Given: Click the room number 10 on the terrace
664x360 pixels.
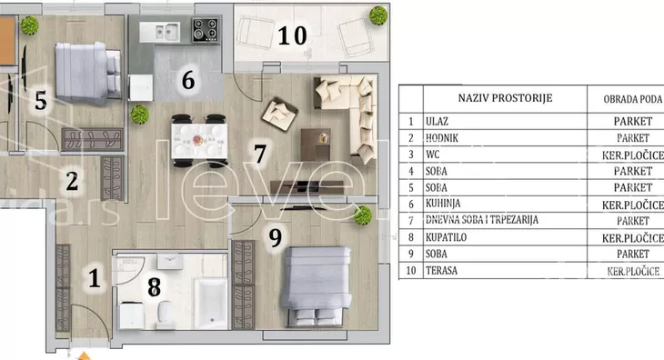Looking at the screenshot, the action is coord(292,35).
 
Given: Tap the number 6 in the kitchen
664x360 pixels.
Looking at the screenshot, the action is coord(188,80).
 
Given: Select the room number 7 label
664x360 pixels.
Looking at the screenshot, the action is coord(259,154).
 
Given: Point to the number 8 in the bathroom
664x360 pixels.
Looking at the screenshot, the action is coord(154,286).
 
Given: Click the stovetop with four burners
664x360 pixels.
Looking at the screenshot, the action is coord(206,30).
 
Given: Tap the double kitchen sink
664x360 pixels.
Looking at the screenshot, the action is coord(160,32).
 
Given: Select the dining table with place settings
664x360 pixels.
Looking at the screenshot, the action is coord(199,140).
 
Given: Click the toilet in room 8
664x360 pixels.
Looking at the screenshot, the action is coord(165,315).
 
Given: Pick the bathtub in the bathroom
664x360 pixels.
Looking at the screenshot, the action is coord(211,304).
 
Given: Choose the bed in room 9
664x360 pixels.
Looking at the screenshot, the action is coord(317,286).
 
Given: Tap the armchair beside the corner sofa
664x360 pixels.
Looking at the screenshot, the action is coord(279,115).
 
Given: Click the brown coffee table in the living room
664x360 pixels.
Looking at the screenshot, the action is coord(316,145).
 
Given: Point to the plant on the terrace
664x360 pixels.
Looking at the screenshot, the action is coord(378,15).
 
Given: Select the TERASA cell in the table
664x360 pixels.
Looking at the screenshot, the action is coord(441,271).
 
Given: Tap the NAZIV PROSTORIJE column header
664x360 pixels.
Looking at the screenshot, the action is coord(505,98).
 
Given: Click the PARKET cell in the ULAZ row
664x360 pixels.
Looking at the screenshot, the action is coord(633,122).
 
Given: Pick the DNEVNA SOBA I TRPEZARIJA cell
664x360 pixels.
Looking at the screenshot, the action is coord(482,220).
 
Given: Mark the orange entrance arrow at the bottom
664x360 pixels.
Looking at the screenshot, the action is coord(85,356).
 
